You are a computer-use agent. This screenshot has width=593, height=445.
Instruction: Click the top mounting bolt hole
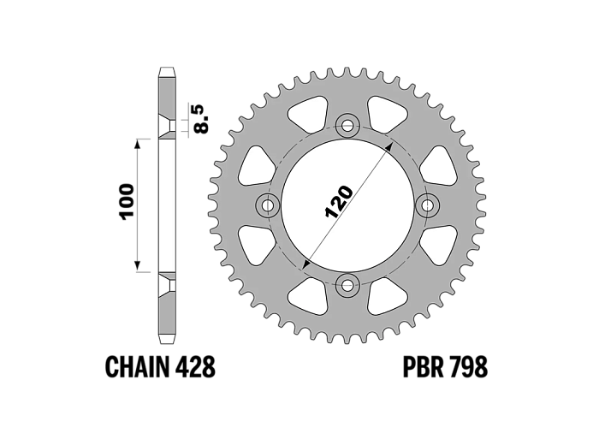pyautogui.click(x=347, y=125)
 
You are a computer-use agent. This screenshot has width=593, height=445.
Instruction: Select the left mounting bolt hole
pyautogui.click(x=268, y=205)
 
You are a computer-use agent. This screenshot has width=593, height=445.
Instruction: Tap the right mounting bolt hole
pyautogui.click(x=428, y=205)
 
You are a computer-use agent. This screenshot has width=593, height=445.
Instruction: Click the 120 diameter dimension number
pyautogui.click(x=339, y=202)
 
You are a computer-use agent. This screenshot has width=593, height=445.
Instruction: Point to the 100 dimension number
pyautogui.click(x=127, y=201)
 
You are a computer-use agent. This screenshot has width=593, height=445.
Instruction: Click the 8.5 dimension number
pyautogui.click(x=201, y=119)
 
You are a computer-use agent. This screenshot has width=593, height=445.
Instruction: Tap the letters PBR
pyautogui.click(x=423, y=366)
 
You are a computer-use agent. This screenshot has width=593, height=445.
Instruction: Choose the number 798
pyautogui.click(x=467, y=366)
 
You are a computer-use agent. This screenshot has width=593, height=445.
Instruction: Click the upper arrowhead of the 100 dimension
pyautogui.click(x=138, y=144)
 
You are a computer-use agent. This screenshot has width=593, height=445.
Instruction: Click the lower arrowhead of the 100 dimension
pyautogui.click(x=138, y=266)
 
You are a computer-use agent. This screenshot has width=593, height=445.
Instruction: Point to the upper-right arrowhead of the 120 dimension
pyautogui.click(x=389, y=146)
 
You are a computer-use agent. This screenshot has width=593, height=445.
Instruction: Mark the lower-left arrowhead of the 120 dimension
pyautogui.click(x=306, y=264)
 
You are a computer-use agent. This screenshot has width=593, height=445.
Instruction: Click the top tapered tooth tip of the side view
pyautogui.click(x=167, y=72)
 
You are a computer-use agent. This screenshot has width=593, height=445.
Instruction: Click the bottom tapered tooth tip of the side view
pyautogui.click(x=167, y=339)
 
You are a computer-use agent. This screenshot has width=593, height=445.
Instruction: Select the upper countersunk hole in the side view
pyautogui.click(x=167, y=126)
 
